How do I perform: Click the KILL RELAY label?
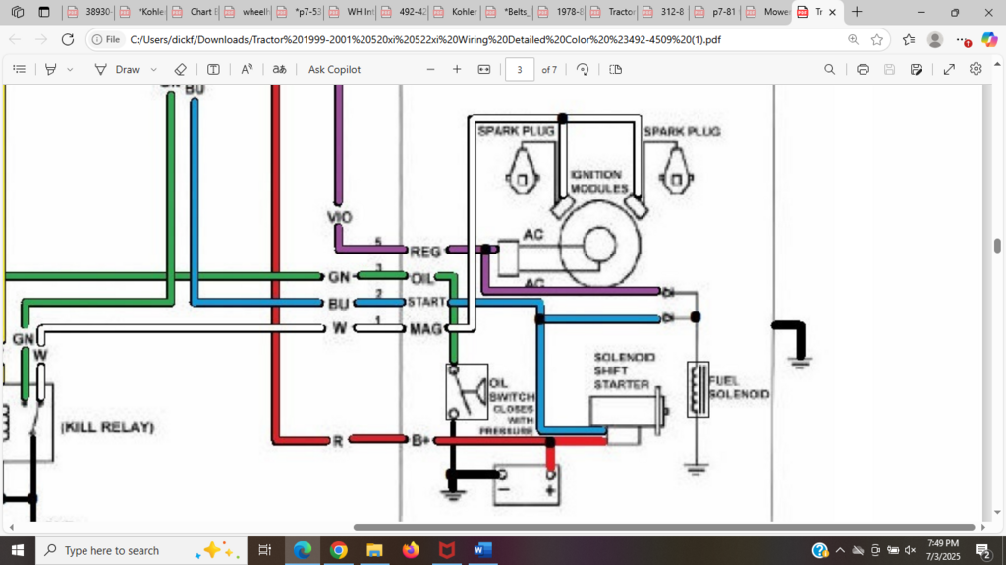pyautogui.click(x=108, y=428)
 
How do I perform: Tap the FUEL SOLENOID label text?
pyautogui.click(x=739, y=387)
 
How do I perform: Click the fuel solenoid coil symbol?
pyautogui.click(x=698, y=389)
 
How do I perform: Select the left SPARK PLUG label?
pyautogui.click(x=516, y=131)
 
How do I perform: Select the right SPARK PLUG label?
pyautogui.click(x=682, y=131)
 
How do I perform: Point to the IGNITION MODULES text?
pyautogui.click(x=599, y=181)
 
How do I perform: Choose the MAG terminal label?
pyautogui.click(x=426, y=328)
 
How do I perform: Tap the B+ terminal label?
pyautogui.click(x=421, y=441)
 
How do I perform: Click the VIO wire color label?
pyautogui.click(x=340, y=216)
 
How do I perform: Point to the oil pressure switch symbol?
pyautogui.click(x=467, y=391)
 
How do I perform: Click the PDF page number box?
pyautogui.click(x=520, y=69)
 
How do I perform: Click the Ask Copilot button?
pyautogui.click(x=334, y=69)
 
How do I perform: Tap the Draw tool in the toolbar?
pyautogui.click(x=118, y=69)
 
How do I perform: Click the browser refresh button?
pyautogui.click(x=67, y=39)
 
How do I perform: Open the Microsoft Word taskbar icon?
pyautogui.click(x=482, y=550)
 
